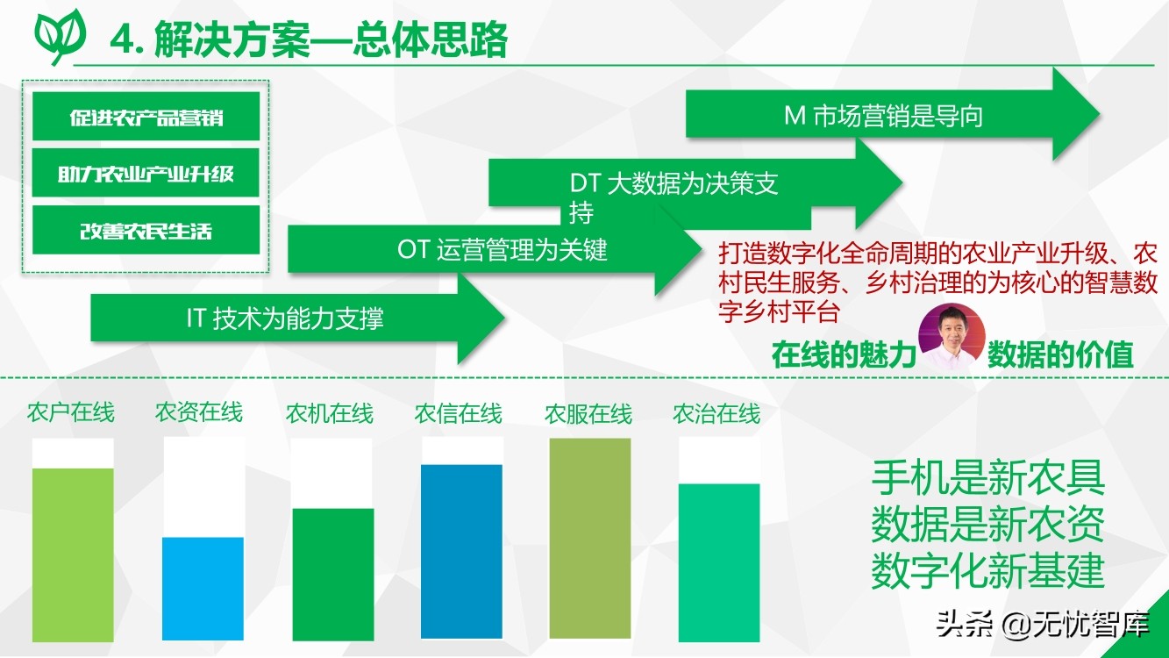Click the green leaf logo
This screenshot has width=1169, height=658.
pyautogui.click(x=61, y=37)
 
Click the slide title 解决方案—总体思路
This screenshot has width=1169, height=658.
pyautogui.click(x=331, y=39)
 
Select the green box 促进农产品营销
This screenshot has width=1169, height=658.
pyautogui.click(x=146, y=117)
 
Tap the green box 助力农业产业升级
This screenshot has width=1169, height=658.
pyautogui.click(x=146, y=173)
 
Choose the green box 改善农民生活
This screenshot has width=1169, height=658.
pyautogui.click(x=146, y=230)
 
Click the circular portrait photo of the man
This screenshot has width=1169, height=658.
pyautogui.click(x=952, y=337)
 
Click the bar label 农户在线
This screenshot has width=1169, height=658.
pyautogui.click(x=71, y=412)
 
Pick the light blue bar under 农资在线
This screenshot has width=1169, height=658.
pyautogui.click(x=203, y=589)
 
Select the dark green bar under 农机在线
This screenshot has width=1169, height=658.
pyautogui.click(x=333, y=575)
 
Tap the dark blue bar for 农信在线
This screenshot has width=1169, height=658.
pyautogui.click(x=462, y=552)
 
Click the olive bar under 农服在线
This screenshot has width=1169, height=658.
pyautogui.click(x=590, y=539)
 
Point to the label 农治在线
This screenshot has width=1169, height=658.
pyautogui.click(x=716, y=413)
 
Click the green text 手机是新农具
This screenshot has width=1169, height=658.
pyautogui.click(x=988, y=477)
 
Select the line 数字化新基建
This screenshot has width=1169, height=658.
pyautogui.click(x=988, y=571)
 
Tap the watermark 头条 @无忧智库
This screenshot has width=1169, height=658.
pyautogui.click(x=1043, y=625)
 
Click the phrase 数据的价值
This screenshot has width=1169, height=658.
pyautogui.click(x=1060, y=355)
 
